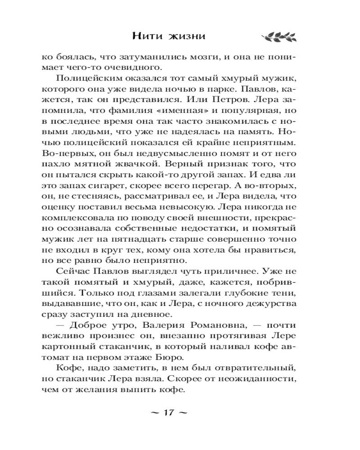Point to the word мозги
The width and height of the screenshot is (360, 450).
coord(199,58)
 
